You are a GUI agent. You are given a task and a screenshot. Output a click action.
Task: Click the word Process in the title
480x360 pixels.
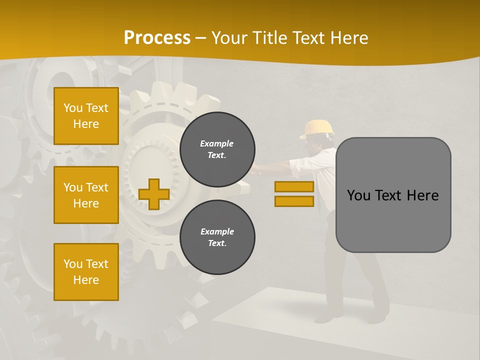coord(157,38)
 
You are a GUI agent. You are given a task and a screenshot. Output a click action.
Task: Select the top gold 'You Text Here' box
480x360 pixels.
coord(86,116)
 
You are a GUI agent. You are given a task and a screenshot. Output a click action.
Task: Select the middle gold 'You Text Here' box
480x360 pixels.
coord(86,195)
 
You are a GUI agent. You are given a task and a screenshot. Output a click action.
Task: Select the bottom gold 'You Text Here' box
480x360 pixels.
coord(86,271)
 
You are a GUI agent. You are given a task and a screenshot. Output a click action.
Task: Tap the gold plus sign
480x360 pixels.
coord(153,194)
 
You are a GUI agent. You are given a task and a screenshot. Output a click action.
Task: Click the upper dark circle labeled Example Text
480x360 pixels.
coord(217,149)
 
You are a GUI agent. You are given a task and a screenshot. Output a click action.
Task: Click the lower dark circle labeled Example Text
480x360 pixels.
coord(217,237)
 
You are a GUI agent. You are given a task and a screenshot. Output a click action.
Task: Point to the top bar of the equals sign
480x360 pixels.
coord(294,186)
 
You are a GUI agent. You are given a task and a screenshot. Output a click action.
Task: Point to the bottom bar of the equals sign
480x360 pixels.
coord(294,201)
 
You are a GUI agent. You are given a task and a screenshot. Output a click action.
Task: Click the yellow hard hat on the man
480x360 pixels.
coord(317,128)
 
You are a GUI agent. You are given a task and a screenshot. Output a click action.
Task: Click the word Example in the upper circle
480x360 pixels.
coord(217,143)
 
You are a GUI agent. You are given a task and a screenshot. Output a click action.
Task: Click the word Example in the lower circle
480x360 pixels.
coord(217,231)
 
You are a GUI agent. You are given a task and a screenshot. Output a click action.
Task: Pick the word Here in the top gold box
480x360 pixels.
coord(86,124)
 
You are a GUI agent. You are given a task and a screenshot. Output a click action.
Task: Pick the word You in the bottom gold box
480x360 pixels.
coord(72,264)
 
